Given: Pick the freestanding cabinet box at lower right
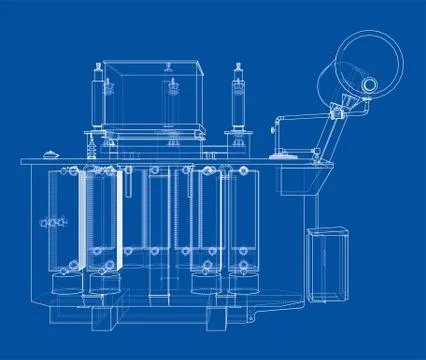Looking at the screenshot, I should tap(328, 265).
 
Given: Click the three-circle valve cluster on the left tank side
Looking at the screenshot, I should tap(44, 221).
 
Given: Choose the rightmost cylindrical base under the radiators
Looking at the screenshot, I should tap(240, 283).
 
